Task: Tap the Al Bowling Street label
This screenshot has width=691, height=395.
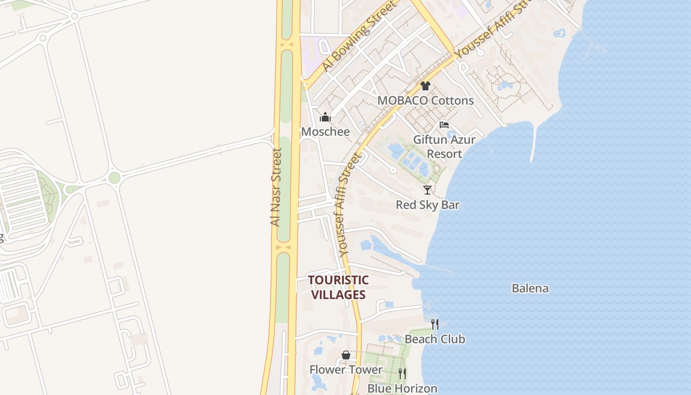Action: point(359,36)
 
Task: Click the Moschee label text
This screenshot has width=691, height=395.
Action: point(325,132)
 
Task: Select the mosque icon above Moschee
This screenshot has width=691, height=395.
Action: point(325,118)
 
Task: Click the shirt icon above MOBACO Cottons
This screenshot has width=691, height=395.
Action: point(425,86)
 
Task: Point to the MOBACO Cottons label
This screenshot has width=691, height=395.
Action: point(425,101)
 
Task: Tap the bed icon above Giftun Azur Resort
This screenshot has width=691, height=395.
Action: point(444,125)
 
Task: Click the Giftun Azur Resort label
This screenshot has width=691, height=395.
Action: point(444,147)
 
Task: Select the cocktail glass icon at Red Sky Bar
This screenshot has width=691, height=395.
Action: point(427,190)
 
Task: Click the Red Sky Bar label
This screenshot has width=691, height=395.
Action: point(427,205)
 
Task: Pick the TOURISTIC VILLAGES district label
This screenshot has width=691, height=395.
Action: point(338,287)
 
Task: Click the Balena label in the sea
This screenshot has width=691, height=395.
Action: point(530,288)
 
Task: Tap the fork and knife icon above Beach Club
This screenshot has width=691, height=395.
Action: point(435,324)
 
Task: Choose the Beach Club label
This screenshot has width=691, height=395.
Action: point(435,339)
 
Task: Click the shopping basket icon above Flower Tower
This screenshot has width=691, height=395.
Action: point(346,355)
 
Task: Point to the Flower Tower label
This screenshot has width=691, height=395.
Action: point(346,370)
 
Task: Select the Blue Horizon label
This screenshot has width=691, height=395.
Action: point(402,389)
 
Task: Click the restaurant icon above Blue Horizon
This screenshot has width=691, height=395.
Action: point(402,374)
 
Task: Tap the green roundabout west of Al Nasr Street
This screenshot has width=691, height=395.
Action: point(115,178)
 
